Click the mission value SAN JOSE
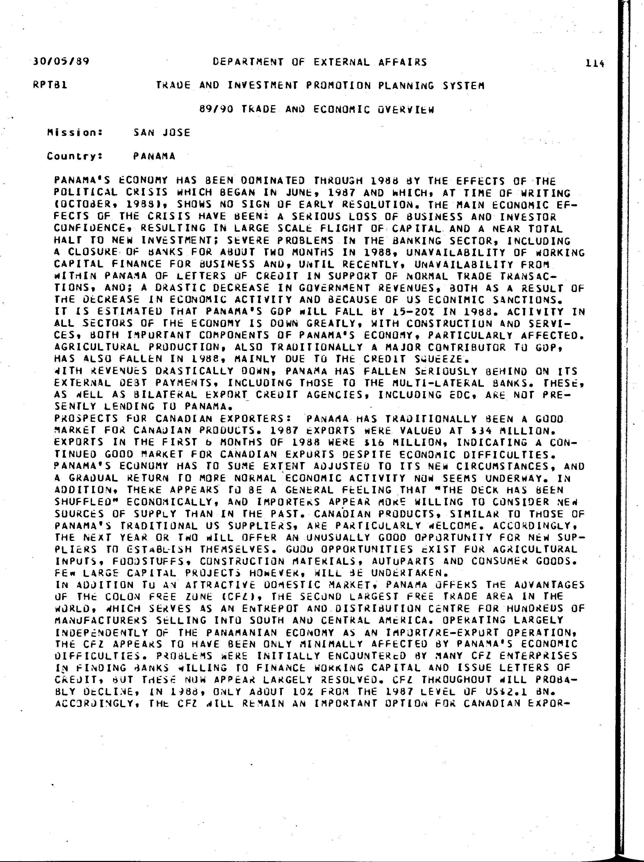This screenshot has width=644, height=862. click(x=162, y=133)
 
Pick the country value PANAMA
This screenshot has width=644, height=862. click(x=154, y=156)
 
